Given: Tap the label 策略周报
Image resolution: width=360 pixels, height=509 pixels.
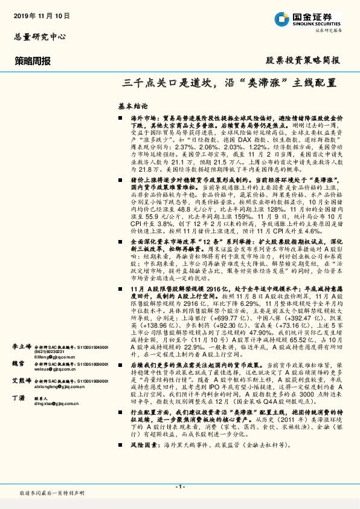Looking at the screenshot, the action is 34,61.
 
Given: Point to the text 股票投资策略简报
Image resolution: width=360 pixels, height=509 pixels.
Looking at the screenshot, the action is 303,61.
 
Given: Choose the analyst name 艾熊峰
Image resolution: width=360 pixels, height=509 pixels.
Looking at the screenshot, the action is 22,381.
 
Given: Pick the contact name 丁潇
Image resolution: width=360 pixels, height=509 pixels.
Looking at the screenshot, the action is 18,398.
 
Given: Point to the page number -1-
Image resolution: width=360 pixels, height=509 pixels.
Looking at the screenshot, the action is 179,487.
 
